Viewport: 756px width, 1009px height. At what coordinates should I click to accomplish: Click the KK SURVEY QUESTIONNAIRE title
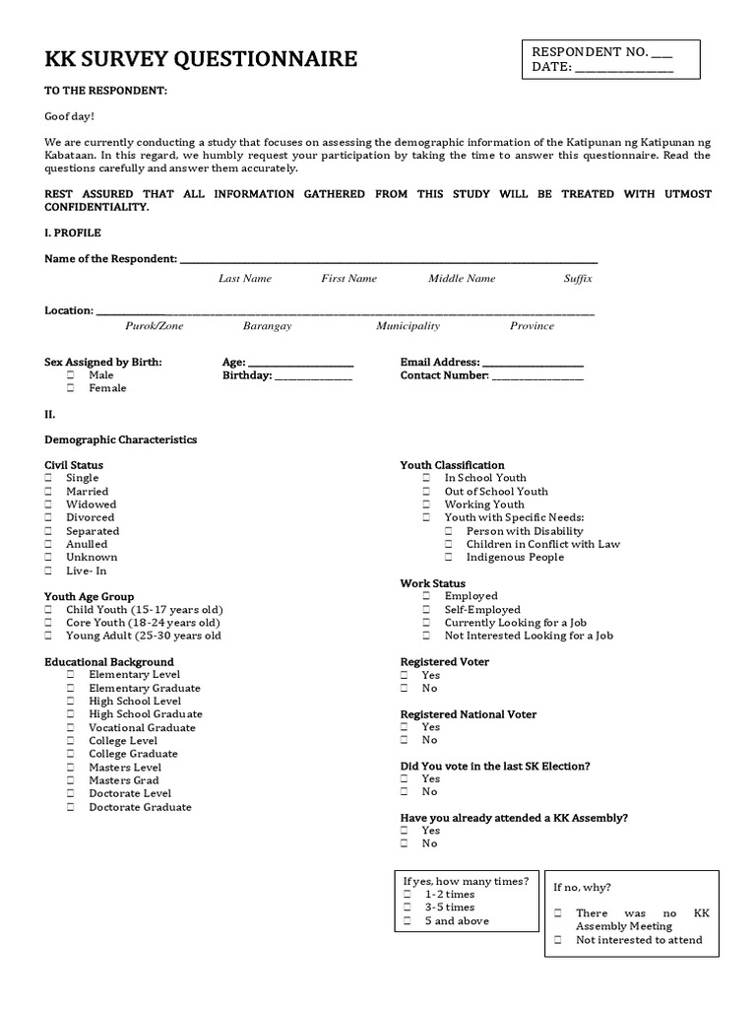pyautogui.click(x=201, y=60)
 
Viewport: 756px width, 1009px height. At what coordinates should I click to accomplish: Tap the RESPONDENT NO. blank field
pyautogui.click(x=661, y=52)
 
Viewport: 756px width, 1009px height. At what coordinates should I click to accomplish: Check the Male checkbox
pyautogui.click(x=71, y=375)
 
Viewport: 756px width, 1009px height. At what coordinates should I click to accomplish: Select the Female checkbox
pyautogui.click(x=71, y=388)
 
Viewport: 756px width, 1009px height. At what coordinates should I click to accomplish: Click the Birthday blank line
pyautogui.click(x=312, y=376)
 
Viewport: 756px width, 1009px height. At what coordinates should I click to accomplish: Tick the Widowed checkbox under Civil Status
pyautogui.click(x=48, y=504)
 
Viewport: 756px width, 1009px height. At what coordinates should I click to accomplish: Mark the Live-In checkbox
pyautogui.click(x=48, y=571)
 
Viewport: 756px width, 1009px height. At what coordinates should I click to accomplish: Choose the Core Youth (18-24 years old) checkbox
pyautogui.click(x=48, y=623)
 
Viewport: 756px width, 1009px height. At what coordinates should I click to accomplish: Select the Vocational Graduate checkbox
pyautogui.click(x=71, y=728)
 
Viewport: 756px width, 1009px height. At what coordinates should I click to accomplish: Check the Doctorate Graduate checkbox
pyautogui.click(x=71, y=807)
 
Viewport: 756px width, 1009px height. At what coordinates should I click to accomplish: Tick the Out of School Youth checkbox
pyautogui.click(x=426, y=492)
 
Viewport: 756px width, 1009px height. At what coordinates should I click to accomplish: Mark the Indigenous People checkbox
pyautogui.click(x=448, y=558)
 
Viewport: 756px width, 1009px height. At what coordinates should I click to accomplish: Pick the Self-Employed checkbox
pyautogui.click(x=426, y=610)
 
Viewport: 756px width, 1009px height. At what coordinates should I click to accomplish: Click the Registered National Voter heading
pyautogui.click(x=468, y=714)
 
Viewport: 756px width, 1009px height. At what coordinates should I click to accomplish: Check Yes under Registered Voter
pyautogui.click(x=405, y=676)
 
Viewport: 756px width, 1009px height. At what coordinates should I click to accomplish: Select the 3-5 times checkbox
pyautogui.click(x=407, y=908)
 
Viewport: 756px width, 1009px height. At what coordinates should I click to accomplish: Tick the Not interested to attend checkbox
pyautogui.click(x=557, y=940)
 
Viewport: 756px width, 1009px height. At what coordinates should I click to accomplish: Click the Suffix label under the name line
pyautogui.click(x=578, y=279)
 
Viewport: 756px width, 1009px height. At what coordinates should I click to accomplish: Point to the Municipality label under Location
pyautogui.click(x=408, y=326)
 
